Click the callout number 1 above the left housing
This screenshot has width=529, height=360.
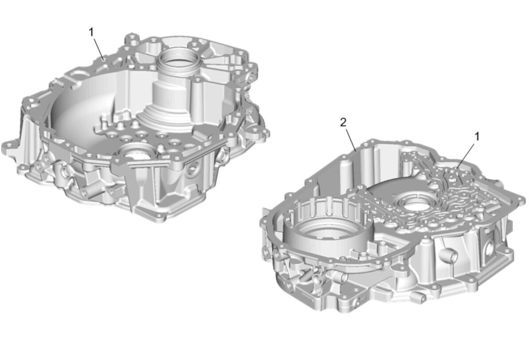[91, 32]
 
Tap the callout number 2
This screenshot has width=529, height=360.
[343, 122]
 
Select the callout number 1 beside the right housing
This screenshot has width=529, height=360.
[477, 137]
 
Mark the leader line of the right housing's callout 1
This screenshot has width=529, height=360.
[466, 155]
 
